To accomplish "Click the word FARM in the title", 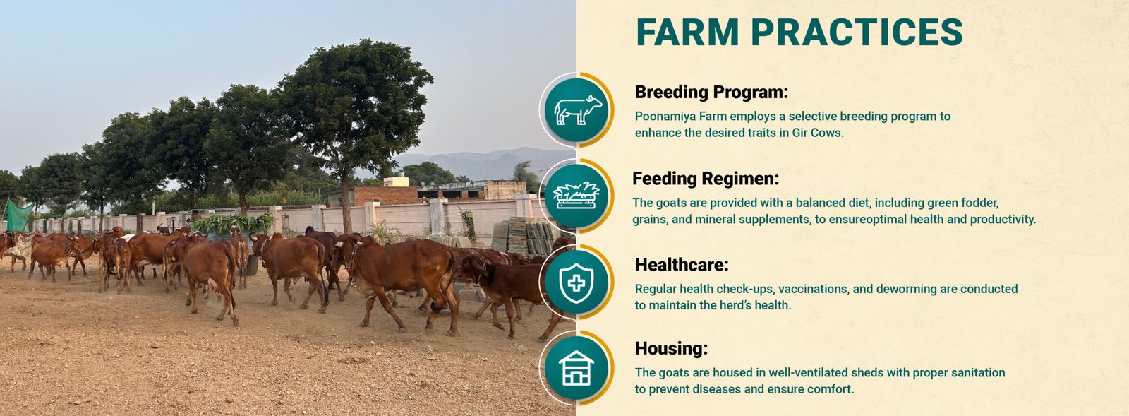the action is click(687, 32).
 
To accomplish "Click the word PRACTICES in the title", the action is click(857, 32).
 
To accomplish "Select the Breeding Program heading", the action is click(711, 93).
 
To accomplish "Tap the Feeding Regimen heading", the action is click(706, 179).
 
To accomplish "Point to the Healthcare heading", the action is click(682, 264).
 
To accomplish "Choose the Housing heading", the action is click(671, 348).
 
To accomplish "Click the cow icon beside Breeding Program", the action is click(578, 110).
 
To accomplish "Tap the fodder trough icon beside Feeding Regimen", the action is click(576, 195).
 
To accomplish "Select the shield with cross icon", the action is click(576, 283).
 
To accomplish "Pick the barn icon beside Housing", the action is click(576, 367).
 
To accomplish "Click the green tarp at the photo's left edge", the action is click(19, 216).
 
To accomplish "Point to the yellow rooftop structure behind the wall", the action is click(396, 182).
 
